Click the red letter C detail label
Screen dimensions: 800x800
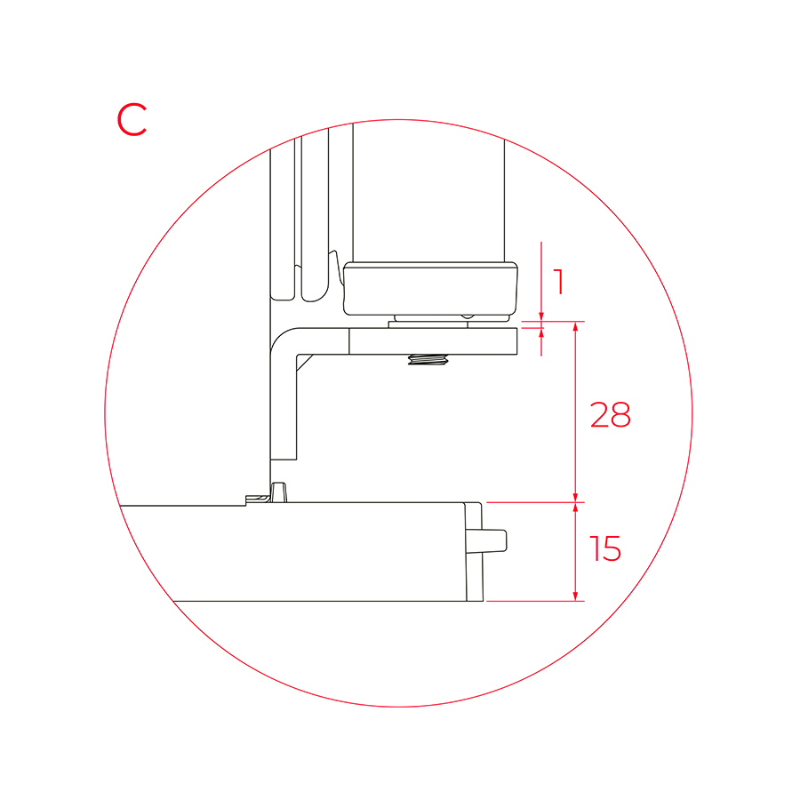coord(132,119)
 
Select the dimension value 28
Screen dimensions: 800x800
coord(610,414)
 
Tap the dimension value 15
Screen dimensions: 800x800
coord(605,548)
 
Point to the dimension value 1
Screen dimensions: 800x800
coord(559,282)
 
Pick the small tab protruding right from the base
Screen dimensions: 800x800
coord(494,540)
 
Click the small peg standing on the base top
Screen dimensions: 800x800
coord(278,492)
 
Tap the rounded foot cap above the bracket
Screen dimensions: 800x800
coord(430,289)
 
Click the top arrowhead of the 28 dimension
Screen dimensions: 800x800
coord(575,326)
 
